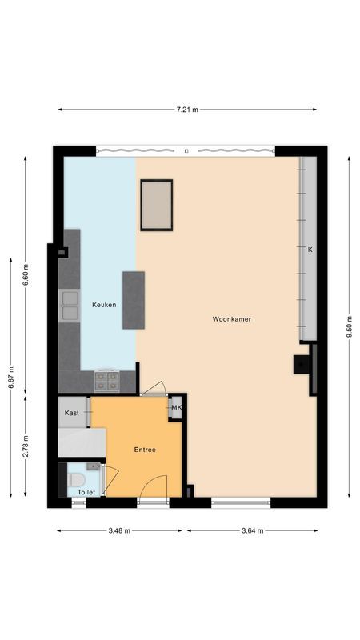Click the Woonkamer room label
click(232, 319)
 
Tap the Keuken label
click(104, 305)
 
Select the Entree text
click(145, 450)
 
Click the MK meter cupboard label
click(177, 408)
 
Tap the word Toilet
click(86, 492)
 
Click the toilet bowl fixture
click(77, 478)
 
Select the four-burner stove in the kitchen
click(106, 380)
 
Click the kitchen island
click(134, 299)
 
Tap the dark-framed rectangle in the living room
click(157, 205)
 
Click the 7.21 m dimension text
click(187, 110)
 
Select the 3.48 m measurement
click(122, 530)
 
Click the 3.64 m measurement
click(252, 530)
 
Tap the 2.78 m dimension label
click(26, 445)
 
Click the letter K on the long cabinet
click(310, 250)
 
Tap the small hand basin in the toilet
click(94, 466)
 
